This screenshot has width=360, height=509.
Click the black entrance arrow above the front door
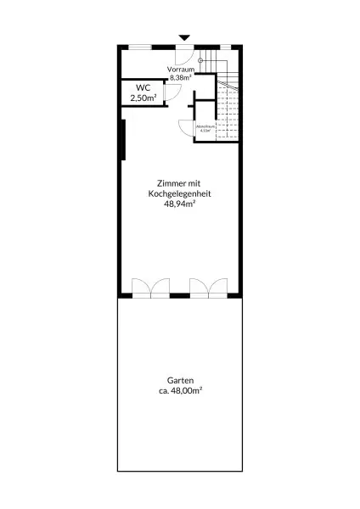point(184,37)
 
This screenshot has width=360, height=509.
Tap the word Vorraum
point(180,69)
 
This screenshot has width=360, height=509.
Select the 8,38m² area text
point(180,77)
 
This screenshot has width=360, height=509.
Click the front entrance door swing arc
point(190,59)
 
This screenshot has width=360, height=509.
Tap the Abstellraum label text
point(205,127)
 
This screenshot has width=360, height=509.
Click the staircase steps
point(228,110)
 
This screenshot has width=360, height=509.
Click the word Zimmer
point(166,183)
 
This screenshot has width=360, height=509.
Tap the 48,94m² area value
point(180,204)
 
